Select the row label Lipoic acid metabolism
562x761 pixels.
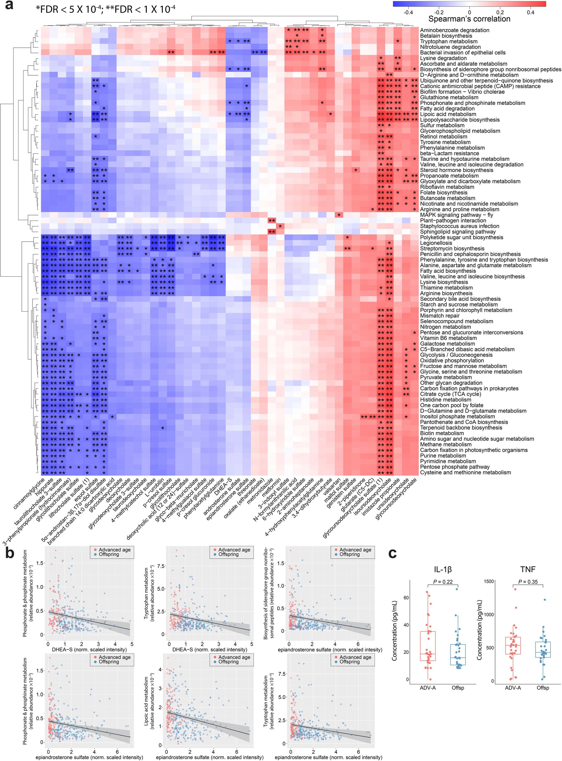tap(448, 114)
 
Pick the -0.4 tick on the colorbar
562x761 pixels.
tap(408, 12)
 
